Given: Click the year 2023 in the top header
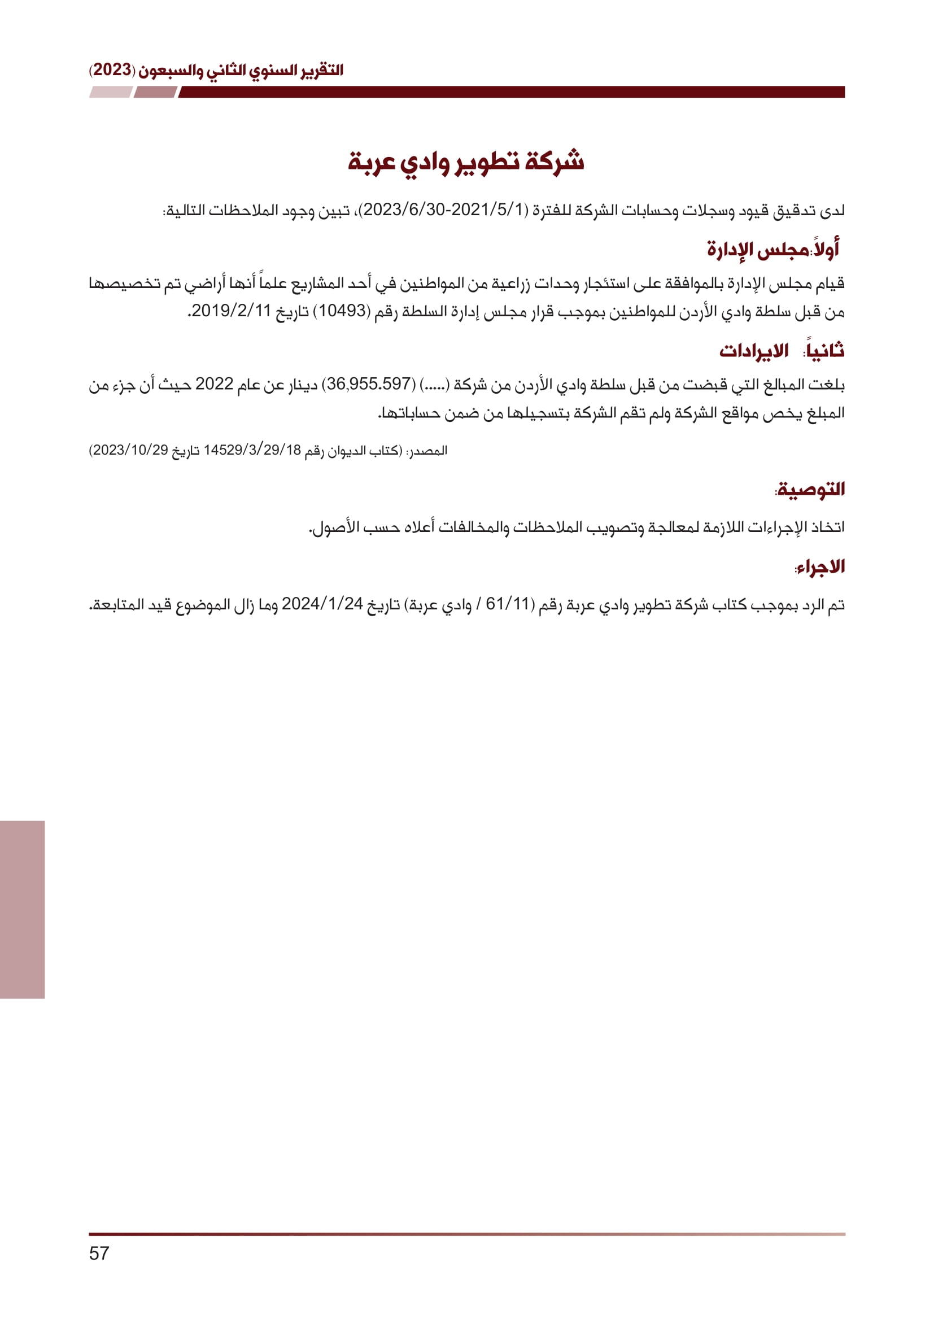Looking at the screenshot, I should [x=113, y=70].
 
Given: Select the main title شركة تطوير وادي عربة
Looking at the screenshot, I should [x=466, y=162].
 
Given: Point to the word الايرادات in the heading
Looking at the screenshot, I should [x=753, y=350].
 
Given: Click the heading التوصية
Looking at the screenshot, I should [x=810, y=490].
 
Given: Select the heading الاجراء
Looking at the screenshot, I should [x=820, y=567].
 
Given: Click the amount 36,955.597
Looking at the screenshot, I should [x=369, y=383].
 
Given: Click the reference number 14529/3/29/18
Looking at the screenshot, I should [x=252, y=451].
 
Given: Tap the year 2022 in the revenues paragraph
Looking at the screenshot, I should [x=214, y=383].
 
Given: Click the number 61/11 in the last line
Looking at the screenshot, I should [x=507, y=604].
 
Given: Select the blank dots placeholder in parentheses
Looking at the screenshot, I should [x=435, y=383].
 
